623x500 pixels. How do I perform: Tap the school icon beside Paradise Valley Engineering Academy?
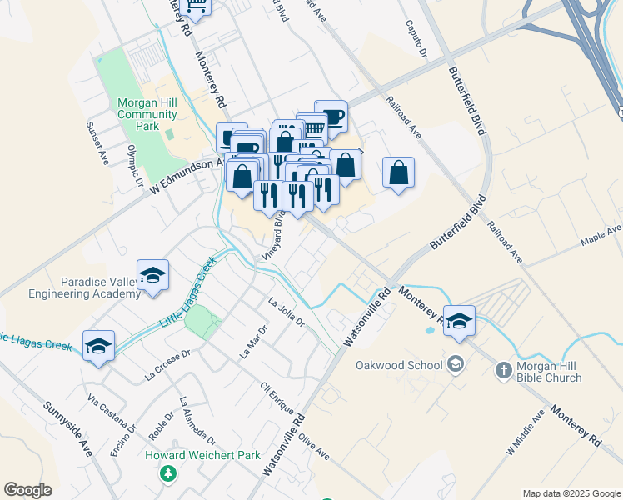pyautogui.click(x=152, y=276)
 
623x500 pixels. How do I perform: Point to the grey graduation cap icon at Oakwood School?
pyautogui.click(x=456, y=364)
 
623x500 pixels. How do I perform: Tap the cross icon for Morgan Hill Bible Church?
pyautogui.click(x=502, y=370)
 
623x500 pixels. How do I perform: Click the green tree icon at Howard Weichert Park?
pyautogui.click(x=169, y=473)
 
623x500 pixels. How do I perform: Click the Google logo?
pyautogui.click(x=27, y=490)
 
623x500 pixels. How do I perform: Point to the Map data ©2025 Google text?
pyautogui.click(x=571, y=493)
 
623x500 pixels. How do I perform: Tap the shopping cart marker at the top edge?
pyautogui.click(x=197, y=7)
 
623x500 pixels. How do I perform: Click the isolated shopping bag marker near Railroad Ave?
pyautogui.click(x=399, y=173)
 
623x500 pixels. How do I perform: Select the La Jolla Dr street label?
pyautogui.click(x=287, y=312)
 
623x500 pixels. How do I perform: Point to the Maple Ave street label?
pyautogui.click(x=601, y=236)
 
